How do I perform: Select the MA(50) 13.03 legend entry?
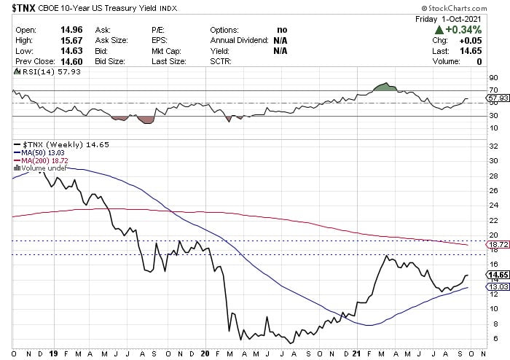click(x=39, y=152)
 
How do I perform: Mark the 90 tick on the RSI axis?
click(x=493, y=78)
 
